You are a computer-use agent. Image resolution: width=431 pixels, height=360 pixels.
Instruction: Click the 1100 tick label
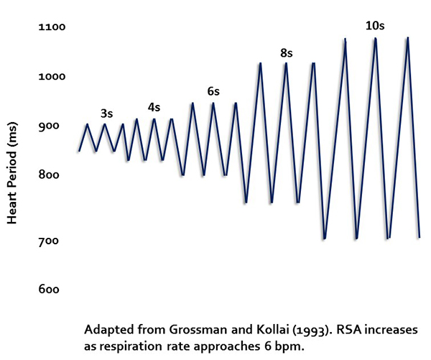(52, 27)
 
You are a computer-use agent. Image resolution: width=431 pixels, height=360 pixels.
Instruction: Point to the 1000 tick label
(52, 76)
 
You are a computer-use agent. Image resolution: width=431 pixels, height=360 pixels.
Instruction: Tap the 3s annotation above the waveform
(106, 113)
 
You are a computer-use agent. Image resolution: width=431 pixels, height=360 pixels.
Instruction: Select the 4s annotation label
(154, 107)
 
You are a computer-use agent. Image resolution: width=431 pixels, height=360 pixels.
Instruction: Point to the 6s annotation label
(213, 91)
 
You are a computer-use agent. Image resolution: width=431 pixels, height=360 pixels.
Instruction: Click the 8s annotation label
(287, 52)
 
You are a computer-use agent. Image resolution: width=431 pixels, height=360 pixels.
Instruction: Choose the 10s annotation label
(374, 26)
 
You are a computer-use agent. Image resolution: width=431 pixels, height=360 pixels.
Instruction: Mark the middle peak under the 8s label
(286, 64)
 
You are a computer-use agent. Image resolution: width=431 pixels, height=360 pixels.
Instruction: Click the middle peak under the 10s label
(375, 39)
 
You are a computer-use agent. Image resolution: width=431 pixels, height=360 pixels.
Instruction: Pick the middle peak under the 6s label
(213, 103)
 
